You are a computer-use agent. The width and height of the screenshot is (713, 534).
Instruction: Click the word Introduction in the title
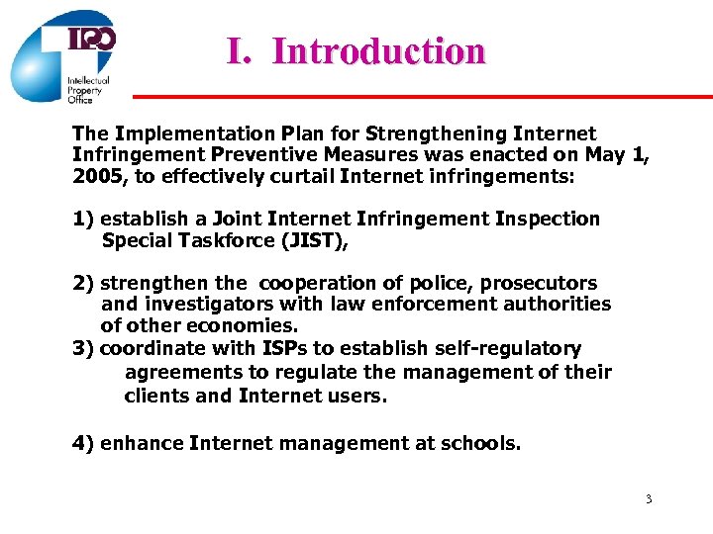378,50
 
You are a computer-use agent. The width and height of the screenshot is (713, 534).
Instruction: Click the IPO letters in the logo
92,40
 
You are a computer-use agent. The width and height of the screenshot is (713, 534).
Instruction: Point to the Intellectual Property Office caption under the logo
87,90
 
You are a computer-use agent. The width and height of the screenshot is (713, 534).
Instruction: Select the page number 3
649,499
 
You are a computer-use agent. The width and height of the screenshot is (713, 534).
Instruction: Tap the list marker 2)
84,283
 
